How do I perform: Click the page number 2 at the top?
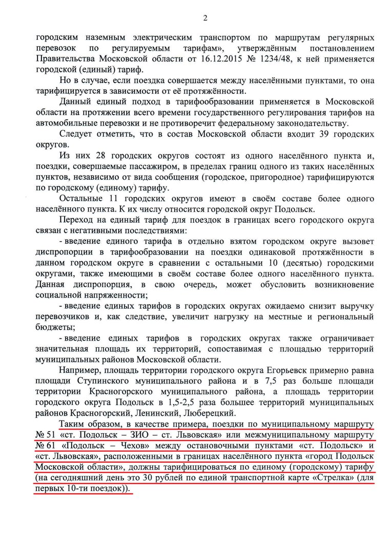tap(205, 19)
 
